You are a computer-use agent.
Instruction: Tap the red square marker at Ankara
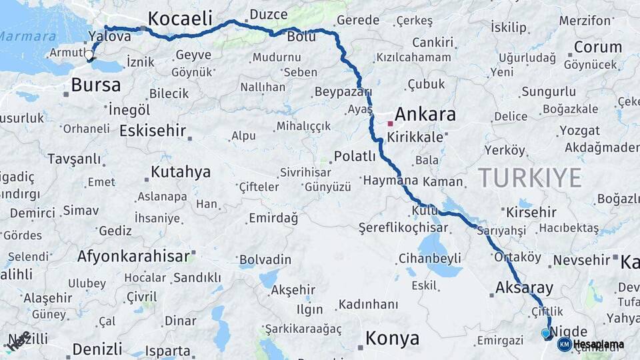(x=390, y=123)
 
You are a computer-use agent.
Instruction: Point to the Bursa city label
(x=96, y=85)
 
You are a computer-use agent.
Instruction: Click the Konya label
(x=393, y=338)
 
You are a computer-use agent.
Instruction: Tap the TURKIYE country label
(x=529, y=178)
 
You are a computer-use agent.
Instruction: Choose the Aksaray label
(x=525, y=288)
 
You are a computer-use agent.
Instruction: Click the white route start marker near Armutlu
(x=89, y=55)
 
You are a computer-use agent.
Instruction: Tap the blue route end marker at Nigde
(x=546, y=333)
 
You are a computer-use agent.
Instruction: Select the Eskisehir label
(x=152, y=131)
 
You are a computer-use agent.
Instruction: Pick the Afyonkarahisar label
(x=133, y=256)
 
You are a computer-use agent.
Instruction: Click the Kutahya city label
(x=181, y=172)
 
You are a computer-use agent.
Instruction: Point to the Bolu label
(x=301, y=36)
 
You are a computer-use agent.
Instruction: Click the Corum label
(x=598, y=47)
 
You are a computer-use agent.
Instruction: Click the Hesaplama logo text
(x=599, y=344)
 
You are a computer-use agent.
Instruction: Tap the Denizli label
(x=97, y=349)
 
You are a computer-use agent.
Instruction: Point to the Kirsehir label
(x=531, y=212)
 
